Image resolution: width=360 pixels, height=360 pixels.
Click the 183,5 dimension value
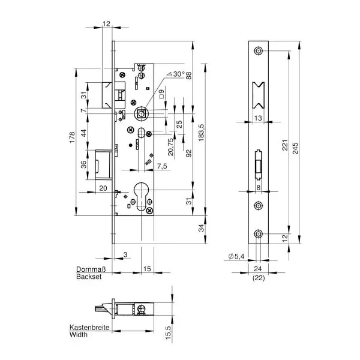coord(201,133)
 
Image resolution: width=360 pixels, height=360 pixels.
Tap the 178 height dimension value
coord(73,137)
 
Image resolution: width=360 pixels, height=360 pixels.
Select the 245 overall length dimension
coord(295,148)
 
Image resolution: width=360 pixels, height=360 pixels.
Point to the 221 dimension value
coord(285,145)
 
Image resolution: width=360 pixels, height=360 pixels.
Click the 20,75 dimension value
coord(171,147)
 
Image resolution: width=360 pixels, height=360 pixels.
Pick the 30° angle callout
coord(176,74)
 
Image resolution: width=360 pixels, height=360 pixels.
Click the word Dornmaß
coord(91,269)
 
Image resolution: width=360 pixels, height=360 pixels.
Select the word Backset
coord(89,277)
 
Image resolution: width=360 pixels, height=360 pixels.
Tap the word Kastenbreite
coord(89,327)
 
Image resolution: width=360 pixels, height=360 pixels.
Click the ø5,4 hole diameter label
coord(236,256)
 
